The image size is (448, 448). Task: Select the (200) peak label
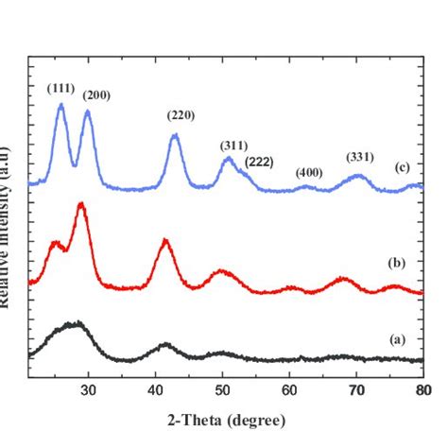[x=95, y=95]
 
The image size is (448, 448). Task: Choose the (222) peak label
[x=259, y=162]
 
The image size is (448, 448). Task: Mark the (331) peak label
[x=359, y=156]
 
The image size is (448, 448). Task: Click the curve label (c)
[x=402, y=167]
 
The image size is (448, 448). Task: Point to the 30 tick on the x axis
[x=88, y=388]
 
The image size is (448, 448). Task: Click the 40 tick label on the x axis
[x=155, y=388]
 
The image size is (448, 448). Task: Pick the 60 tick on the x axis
[x=289, y=388]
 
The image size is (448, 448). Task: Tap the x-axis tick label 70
[x=356, y=388]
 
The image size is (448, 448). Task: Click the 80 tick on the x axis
[x=422, y=388]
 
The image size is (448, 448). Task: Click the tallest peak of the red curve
[x=82, y=204]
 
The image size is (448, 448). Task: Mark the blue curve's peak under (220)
[x=176, y=136]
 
